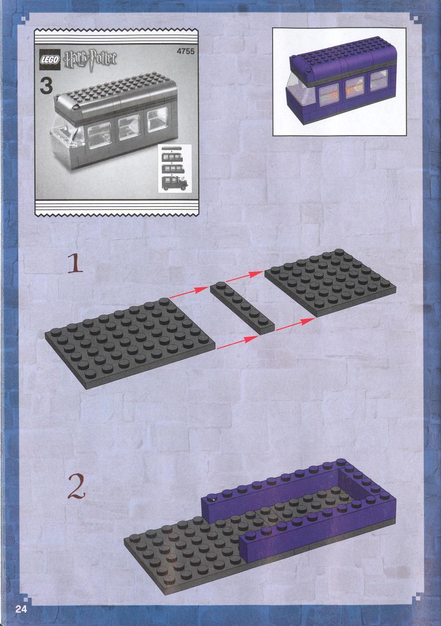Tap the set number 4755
tap(186, 52)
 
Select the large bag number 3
tap(46, 87)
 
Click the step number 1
tap(75, 263)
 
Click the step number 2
tap(76, 487)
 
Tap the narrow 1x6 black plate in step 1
tap(242, 308)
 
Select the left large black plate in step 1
tap(130, 343)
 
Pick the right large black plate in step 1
tap(330, 282)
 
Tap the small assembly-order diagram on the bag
tap(174, 169)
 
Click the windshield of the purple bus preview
tap(296, 90)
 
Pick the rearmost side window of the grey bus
tap(158, 119)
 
